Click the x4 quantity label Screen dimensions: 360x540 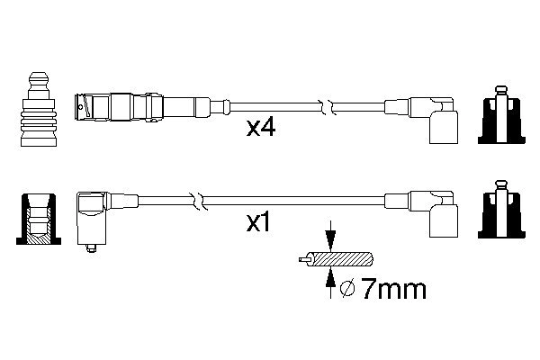[261, 129]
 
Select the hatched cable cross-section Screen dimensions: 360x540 [342, 260]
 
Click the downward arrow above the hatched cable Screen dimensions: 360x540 [331, 239]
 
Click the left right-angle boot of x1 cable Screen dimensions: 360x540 [94, 216]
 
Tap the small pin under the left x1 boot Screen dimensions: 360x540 [90, 250]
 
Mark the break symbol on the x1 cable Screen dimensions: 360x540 [196, 199]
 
